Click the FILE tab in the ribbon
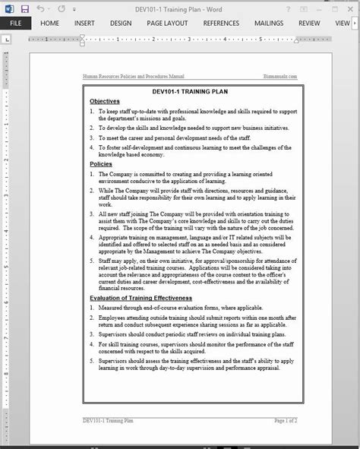[14, 23]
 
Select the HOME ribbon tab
[50, 23]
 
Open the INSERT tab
[84, 23]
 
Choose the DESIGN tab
[120, 23]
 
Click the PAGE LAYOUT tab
[166, 23]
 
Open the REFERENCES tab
[221, 23]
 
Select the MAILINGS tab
[270, 23]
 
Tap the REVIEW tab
[309, 23]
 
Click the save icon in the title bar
[25, 8]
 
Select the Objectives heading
[104, 101]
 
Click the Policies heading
[100, 163]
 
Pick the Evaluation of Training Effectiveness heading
[141, 298]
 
